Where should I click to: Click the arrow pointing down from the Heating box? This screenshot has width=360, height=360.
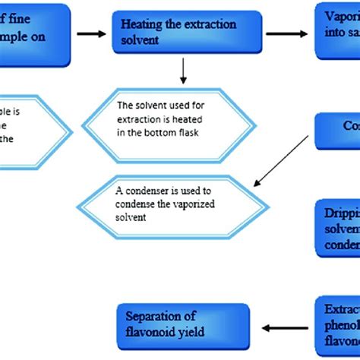(x=182, y=72)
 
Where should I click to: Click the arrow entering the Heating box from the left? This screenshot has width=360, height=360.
(x=91, y=34)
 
